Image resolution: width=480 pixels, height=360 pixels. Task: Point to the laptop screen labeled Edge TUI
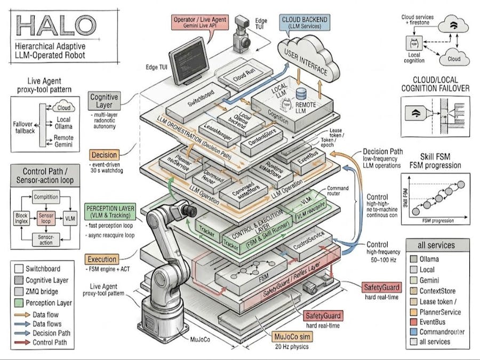tap(188, 55)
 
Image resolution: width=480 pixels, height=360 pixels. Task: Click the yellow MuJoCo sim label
tap(293, 337)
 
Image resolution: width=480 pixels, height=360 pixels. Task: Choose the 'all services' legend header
tap(438, 245)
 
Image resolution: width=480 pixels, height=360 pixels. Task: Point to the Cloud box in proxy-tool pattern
tap(64, 108)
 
